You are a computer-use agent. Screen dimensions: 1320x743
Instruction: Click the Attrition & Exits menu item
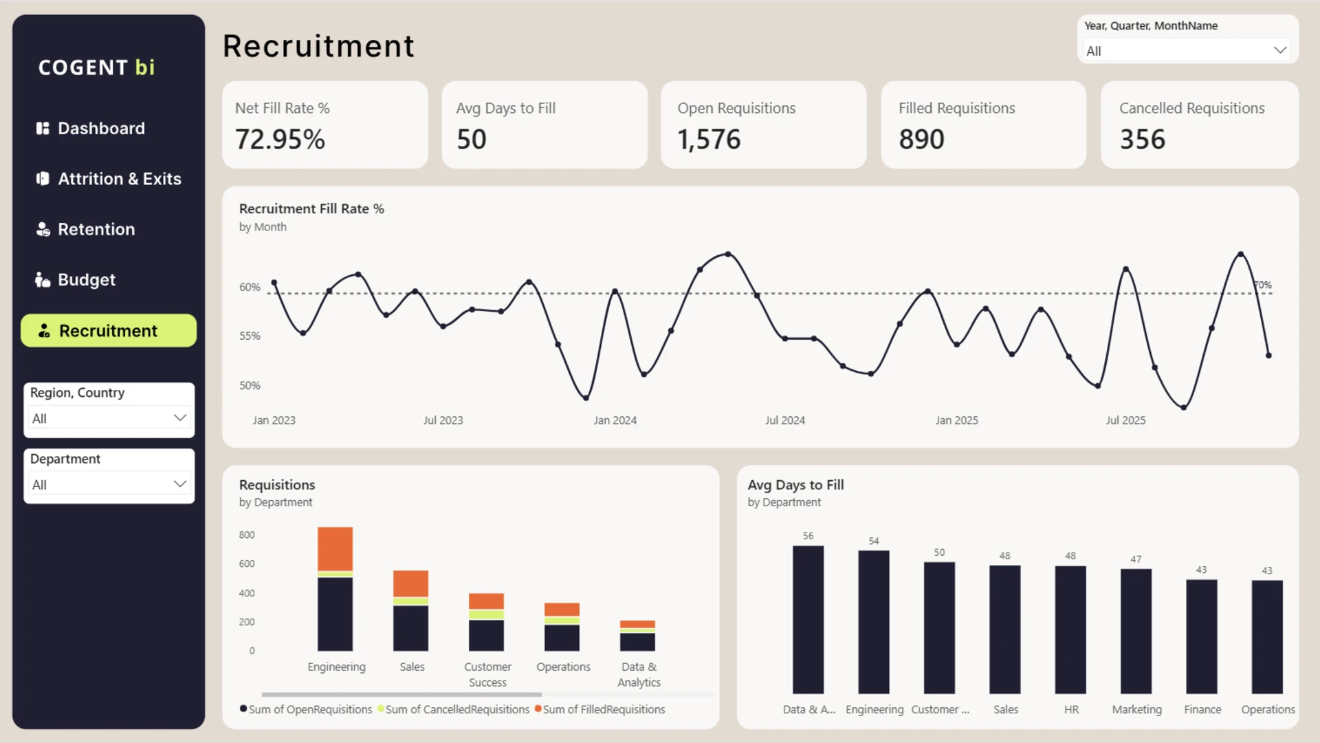pyautogui.click(x=109, y=179)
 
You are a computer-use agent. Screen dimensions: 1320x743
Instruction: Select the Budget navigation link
pyautogui.click(x=76, y=280)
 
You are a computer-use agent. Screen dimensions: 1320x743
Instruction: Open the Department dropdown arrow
pyautogui.click(x=180, y=484)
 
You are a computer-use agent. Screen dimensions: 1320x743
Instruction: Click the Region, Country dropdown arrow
pyautogui.click(x=180, y=418)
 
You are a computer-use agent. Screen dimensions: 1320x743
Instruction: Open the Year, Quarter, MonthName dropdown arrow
pyautogui.click(x=1280, y=50)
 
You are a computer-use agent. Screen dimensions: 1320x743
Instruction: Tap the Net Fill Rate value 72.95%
pyautogui.click(x=280, y=140)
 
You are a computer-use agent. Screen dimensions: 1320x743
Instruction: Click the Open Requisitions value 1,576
pyautogui.click(x=709, y=140)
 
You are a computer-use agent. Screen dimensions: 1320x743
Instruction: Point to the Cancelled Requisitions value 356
pyautogui.click(x=1142, y=140)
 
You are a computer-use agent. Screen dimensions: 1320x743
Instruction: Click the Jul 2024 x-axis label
pyautogui.click(x=785, y=420)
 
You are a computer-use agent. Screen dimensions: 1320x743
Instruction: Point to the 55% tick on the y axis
pyautogui.click(x=250, y=336)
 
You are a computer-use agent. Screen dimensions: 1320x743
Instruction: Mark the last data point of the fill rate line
pyautogui.click(x=1269, y=356)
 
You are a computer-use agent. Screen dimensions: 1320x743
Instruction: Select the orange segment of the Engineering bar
pyautogui.click(x=335, y=549)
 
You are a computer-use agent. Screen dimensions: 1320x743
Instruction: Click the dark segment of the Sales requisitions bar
pyautogui.click(x=410, y=628)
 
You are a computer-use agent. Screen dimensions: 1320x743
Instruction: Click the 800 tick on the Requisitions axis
pyautogui.click(x=247, y=535)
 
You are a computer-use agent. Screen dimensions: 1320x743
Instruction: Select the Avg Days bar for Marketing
pyautogui.click(x=1136, y=632)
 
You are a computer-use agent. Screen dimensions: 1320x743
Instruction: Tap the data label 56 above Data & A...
pyautogui.click(x=808, y=536)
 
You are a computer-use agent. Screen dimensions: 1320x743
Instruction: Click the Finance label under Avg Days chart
pyautogui.click(x=1202, y=709)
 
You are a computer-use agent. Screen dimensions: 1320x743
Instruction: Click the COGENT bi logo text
pyautogui.click(x=96, y=67)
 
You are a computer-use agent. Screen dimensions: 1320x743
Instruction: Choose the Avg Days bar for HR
pyautogui.click(x=1070, y=630)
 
